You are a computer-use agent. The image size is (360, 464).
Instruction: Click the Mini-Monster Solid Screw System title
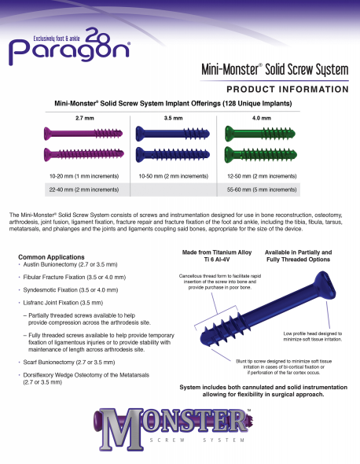point(274,70)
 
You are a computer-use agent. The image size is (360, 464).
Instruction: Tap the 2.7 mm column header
point(84,117)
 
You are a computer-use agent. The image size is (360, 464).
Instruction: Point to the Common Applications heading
point(49,257)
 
